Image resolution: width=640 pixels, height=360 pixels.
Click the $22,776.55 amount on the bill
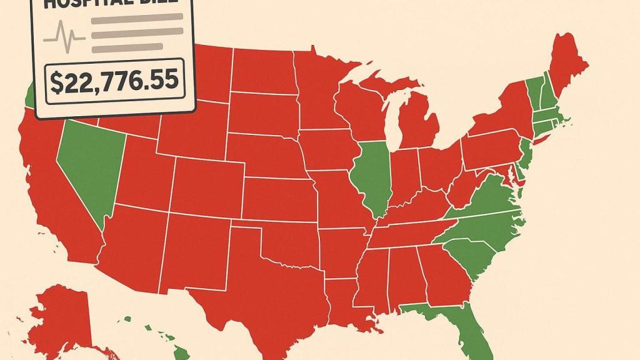tap(114, 82)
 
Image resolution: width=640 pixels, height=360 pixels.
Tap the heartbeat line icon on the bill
tap(66, 34)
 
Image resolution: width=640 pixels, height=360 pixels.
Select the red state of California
tap(53, 194)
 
